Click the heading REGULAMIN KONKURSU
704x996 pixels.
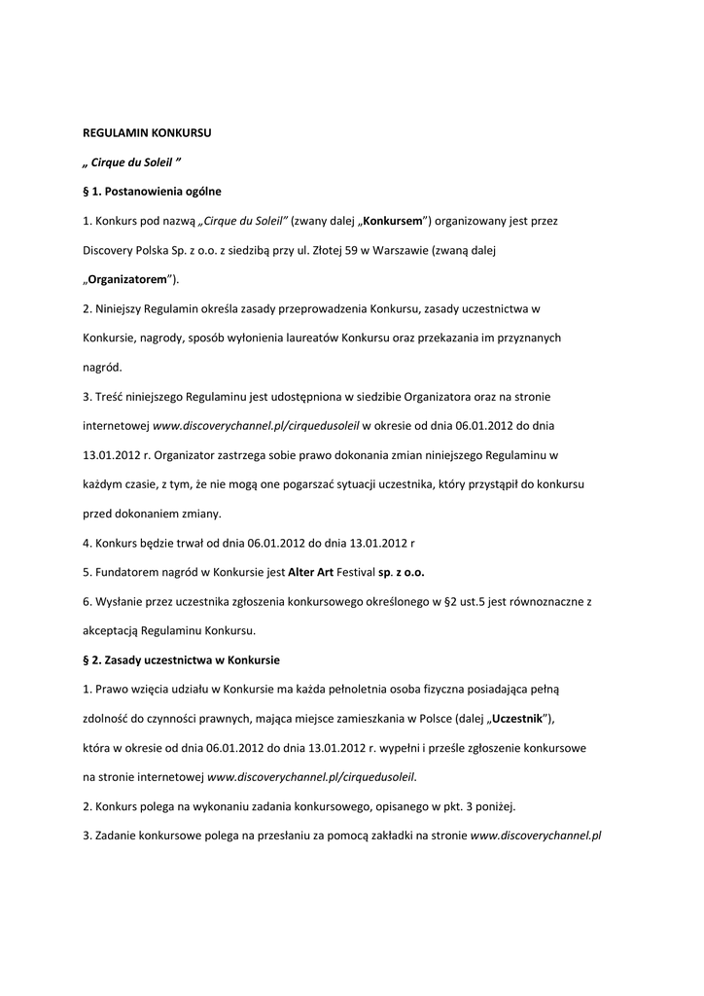click(x=146, y=131)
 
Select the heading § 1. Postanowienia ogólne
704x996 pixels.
click(x=152, y=191)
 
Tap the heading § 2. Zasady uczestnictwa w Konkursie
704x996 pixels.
click(x=181, y=659)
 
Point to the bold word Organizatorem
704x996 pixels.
click(x=127, y=279)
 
